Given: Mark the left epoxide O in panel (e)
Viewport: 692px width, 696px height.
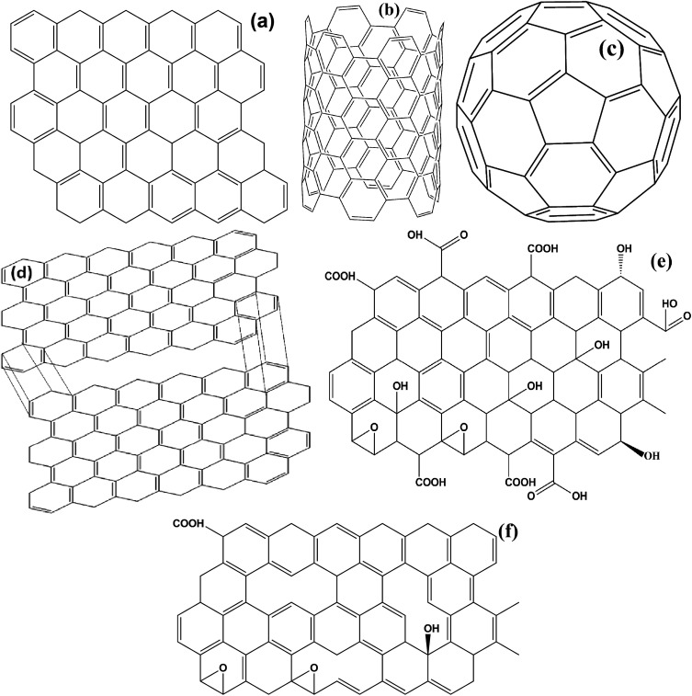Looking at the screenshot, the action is click(365, 427).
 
